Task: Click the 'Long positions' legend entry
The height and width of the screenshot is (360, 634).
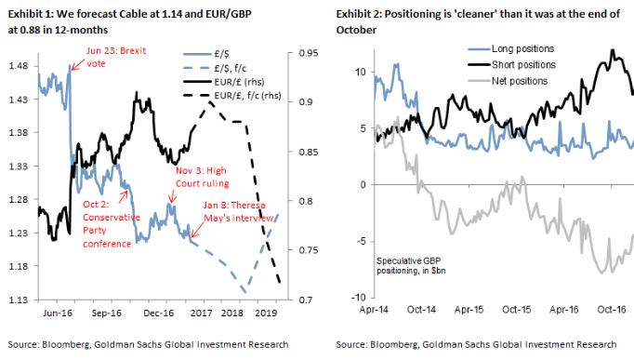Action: [x=444, y=47]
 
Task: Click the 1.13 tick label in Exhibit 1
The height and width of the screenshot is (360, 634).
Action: [x=18, y=300]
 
